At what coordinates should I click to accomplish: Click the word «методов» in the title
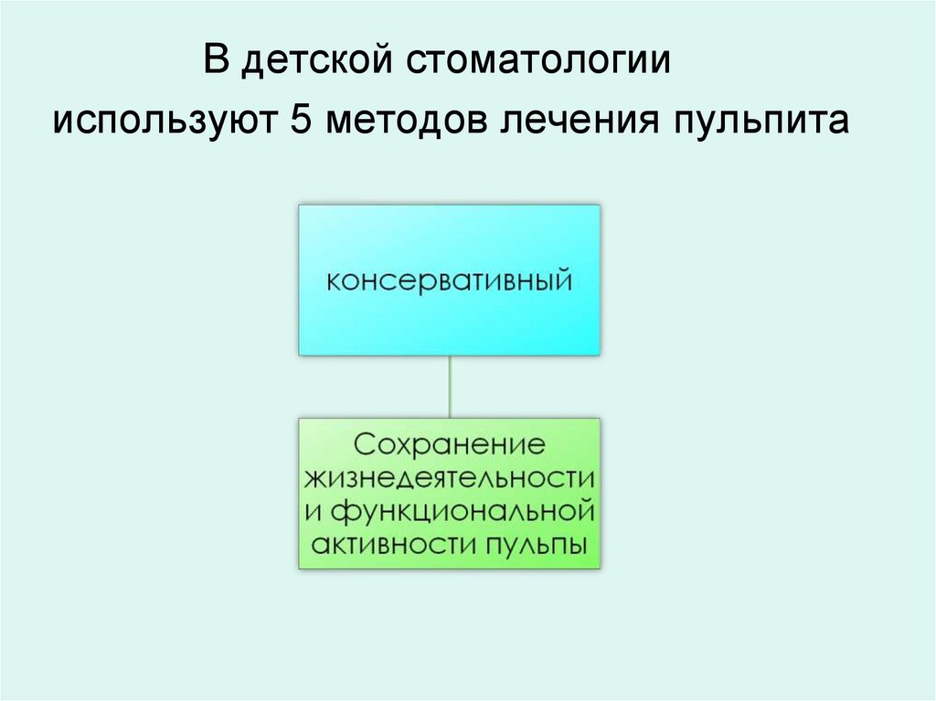click(x=408, y=120)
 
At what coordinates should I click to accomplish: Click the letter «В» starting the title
click(x=214, y=62)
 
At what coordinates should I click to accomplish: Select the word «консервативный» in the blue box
click(x=449, y=279)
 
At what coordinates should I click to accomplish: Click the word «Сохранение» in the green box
click(x=449, y=446)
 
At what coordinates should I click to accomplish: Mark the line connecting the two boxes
click(x=449, y=386)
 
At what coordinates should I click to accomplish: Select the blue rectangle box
click(x=449, y=228)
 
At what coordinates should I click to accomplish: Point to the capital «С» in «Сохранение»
click(x=365, y=446)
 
